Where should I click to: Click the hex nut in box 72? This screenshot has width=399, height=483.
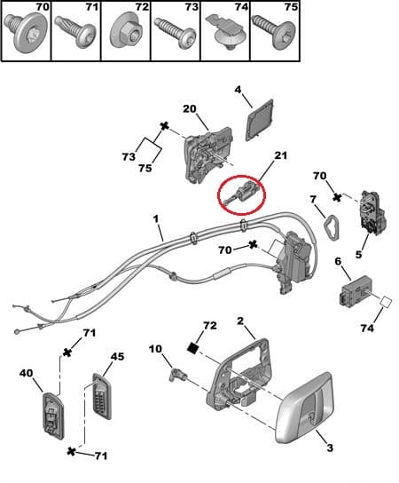[x=126, y=32]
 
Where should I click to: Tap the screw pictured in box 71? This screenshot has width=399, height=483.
[x=74, y=32]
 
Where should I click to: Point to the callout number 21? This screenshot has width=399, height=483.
[x=279, y=155]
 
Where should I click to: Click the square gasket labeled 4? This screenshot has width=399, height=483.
[x=261, y=120]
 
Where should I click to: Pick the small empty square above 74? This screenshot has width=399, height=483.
[x=386, y=302]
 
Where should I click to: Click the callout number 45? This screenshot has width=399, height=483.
[x=117, y=356]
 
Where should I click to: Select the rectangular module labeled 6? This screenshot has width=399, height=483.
[x=356, y=292]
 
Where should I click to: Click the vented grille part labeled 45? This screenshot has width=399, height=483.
[x=102, y=396]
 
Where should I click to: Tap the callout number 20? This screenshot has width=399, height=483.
[x=190, y=108]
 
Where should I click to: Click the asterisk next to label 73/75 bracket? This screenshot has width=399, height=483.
[x=165, y=126]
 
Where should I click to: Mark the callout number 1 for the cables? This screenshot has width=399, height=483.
[x=156, y=219]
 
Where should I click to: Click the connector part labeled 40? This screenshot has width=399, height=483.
[x=53, y=416]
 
